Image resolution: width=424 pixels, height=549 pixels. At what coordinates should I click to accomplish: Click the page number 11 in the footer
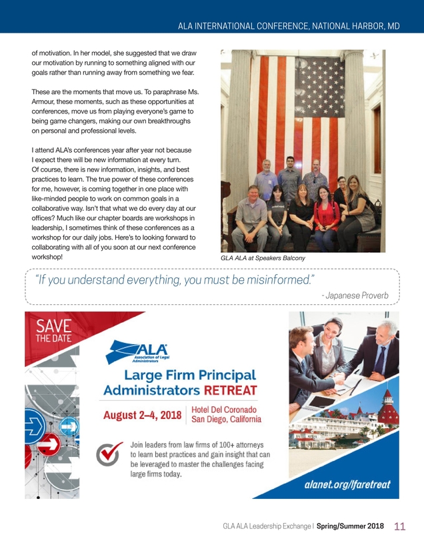click(x=400, y=526)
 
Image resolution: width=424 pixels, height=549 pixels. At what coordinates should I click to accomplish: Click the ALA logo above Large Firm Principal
click(x=145, y=352)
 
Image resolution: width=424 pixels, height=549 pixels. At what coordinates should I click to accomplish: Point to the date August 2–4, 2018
click(x=142, y=416)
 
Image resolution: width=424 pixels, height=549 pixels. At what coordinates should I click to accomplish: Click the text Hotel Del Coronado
click(x=225, y=410)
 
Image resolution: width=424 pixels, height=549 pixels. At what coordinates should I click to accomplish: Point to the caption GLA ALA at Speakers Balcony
click(x=259, y=257)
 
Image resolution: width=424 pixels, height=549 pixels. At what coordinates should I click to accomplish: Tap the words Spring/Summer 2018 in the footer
click(x=350, y=526)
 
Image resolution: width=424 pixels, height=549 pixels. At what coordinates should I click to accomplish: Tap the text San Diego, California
click(x=225, y=420)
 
